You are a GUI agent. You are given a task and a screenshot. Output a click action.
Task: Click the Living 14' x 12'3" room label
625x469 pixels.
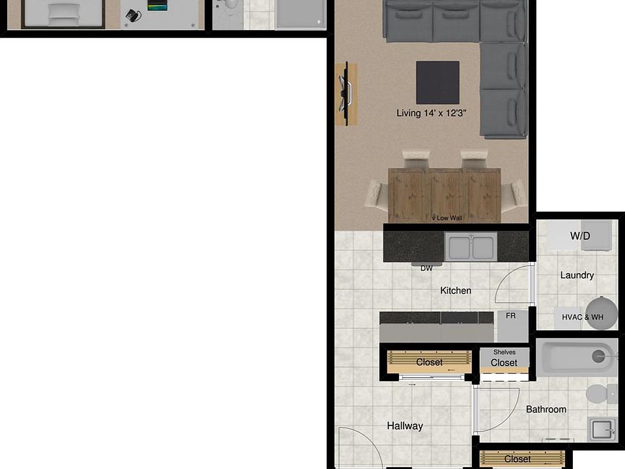(435, 113)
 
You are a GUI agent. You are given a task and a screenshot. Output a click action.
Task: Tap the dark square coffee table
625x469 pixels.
(437, 82)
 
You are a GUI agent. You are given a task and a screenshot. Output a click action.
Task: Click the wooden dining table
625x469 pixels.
(444, 194)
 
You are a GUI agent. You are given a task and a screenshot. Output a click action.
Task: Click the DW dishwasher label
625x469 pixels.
(426, 268)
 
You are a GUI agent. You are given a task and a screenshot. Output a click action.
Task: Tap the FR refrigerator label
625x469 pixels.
(511, 316)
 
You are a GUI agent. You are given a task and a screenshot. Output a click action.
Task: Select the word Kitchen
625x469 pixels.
(456, 291)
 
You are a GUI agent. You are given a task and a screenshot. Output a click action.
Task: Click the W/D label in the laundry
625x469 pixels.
(580, 236)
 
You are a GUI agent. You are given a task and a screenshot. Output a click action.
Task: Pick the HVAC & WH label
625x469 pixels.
(583, 317)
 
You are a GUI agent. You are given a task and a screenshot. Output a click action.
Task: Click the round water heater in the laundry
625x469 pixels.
(602, 313)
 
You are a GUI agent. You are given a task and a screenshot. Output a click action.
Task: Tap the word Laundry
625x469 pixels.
(577, 275)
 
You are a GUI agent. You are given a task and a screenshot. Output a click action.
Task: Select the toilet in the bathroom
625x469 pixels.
(600, 393)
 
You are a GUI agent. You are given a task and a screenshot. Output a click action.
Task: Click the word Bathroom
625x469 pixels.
(546, 409)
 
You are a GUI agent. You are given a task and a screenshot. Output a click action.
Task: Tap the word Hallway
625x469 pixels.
(405, 426)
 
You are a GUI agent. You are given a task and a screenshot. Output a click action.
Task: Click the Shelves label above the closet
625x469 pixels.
(505, 352)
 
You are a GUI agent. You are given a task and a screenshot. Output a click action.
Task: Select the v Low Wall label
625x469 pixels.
(447, 218)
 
